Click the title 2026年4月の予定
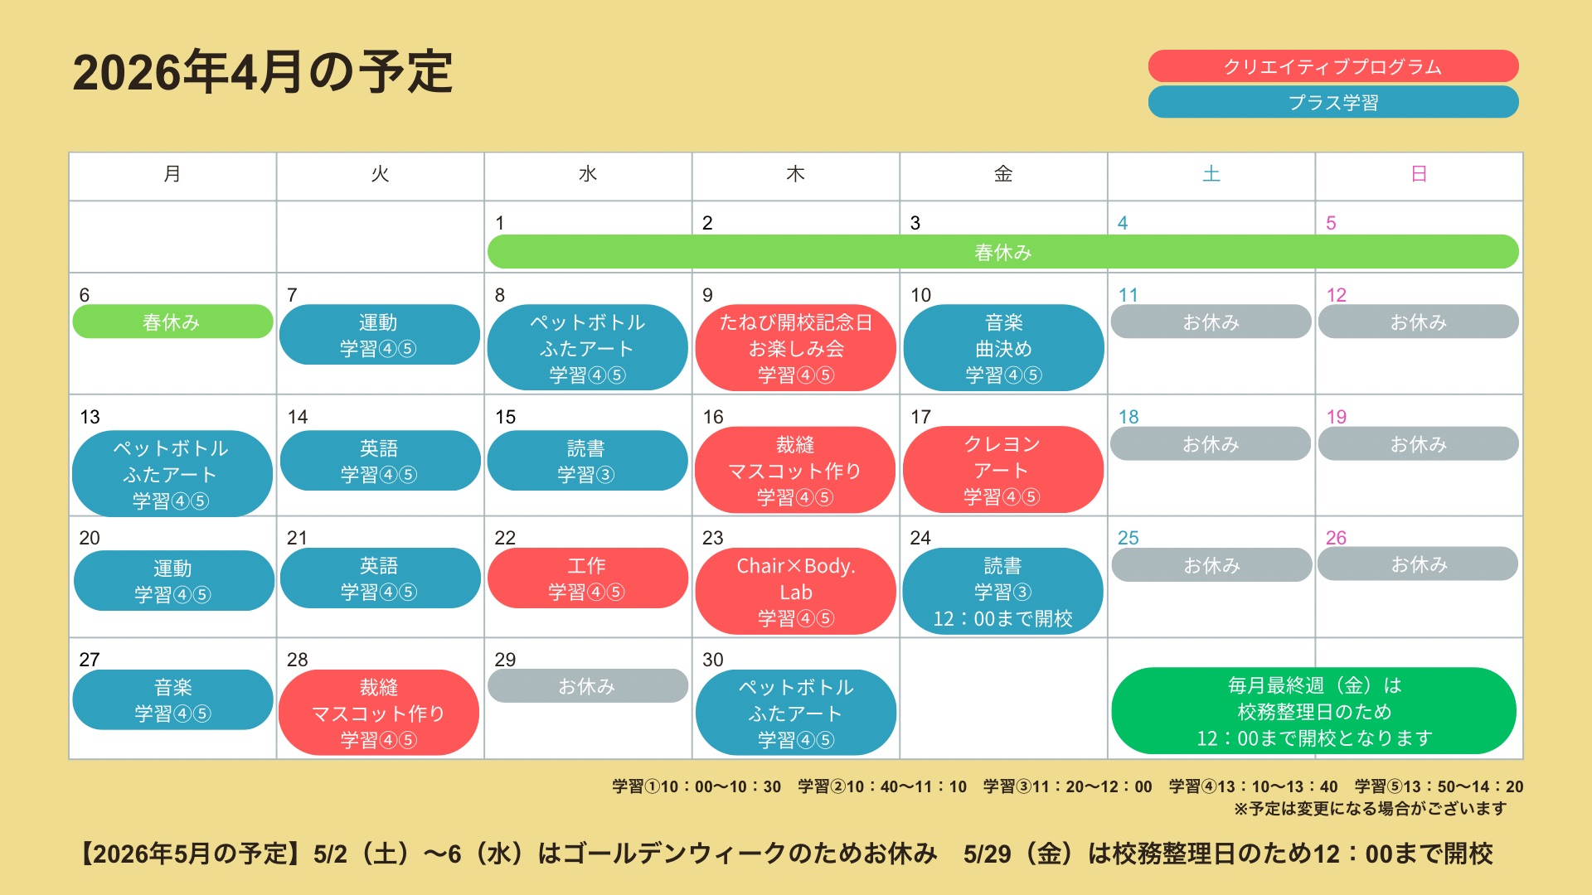coord(262,72)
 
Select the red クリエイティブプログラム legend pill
coord(1333,66)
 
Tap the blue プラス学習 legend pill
coord(1333,102)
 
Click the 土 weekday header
coord(1211,174)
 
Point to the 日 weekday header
coord(1419,174)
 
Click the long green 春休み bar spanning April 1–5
coord(1003,252)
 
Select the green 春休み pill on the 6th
coord(172,322)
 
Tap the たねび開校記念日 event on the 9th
coord(796,348)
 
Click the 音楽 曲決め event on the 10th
coord(1003,348)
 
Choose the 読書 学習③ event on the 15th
coord(587,461)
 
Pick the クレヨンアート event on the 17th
coord(1003,470)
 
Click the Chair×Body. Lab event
coord(796,592)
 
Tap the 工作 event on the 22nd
coord(587,578)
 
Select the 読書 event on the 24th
coord(1003,592)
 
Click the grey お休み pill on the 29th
coord(587,686)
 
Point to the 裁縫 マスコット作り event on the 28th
coord(379,713)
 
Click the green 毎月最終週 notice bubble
coord(1314,711)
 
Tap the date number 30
coord(713,660)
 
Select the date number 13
coord(90,417)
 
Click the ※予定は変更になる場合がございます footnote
coord(1370,809)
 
